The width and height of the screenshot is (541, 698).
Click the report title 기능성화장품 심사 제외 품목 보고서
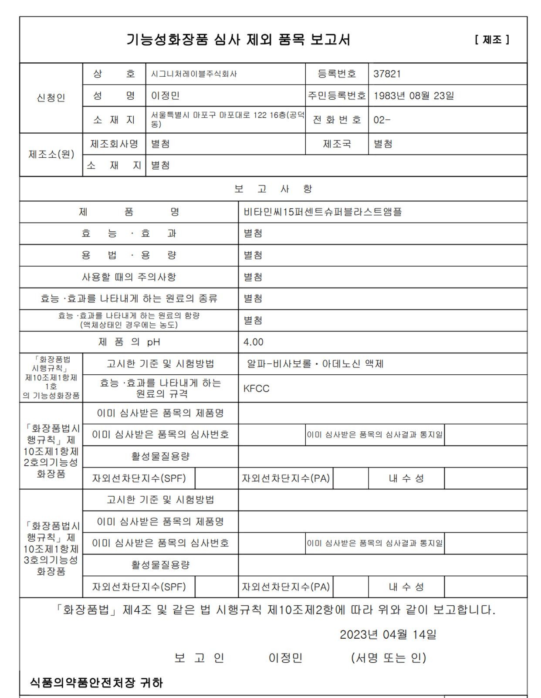click(x=238, y=40)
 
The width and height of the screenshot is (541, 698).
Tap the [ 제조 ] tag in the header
click(x=492, y=40)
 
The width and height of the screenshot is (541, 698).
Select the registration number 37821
click(x=387, y=74)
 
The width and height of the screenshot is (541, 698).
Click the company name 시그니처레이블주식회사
click(x=194, y=74)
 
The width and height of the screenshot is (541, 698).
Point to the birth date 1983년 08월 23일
click(x=413, y=95)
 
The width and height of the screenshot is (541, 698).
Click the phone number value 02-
click(x=382, y=120)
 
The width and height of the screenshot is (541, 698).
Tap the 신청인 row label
click(x=51, y=98)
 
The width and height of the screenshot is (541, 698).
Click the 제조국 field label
click(x=337, y=144)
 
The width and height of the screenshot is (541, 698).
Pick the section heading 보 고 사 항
click(x=273, y=189)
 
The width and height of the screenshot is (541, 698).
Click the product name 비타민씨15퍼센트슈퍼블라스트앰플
click(x=322, y=212)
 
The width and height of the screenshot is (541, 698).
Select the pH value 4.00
click(x=253, y=342)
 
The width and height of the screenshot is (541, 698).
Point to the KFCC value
click(x=256, y=389)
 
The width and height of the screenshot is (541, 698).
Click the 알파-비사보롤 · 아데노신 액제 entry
click(x=315, y=364)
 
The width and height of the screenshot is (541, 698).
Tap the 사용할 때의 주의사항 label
click(x=129, y=277)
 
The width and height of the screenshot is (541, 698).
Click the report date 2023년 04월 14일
click(x=388, y=634)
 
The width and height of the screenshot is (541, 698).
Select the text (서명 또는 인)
click(x=389, y=657)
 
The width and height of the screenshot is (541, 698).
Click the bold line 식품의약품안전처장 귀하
click(x=96, y=682)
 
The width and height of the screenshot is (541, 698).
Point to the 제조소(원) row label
click(x=51, y=154)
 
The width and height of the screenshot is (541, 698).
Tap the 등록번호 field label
click(x=337, y=74)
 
